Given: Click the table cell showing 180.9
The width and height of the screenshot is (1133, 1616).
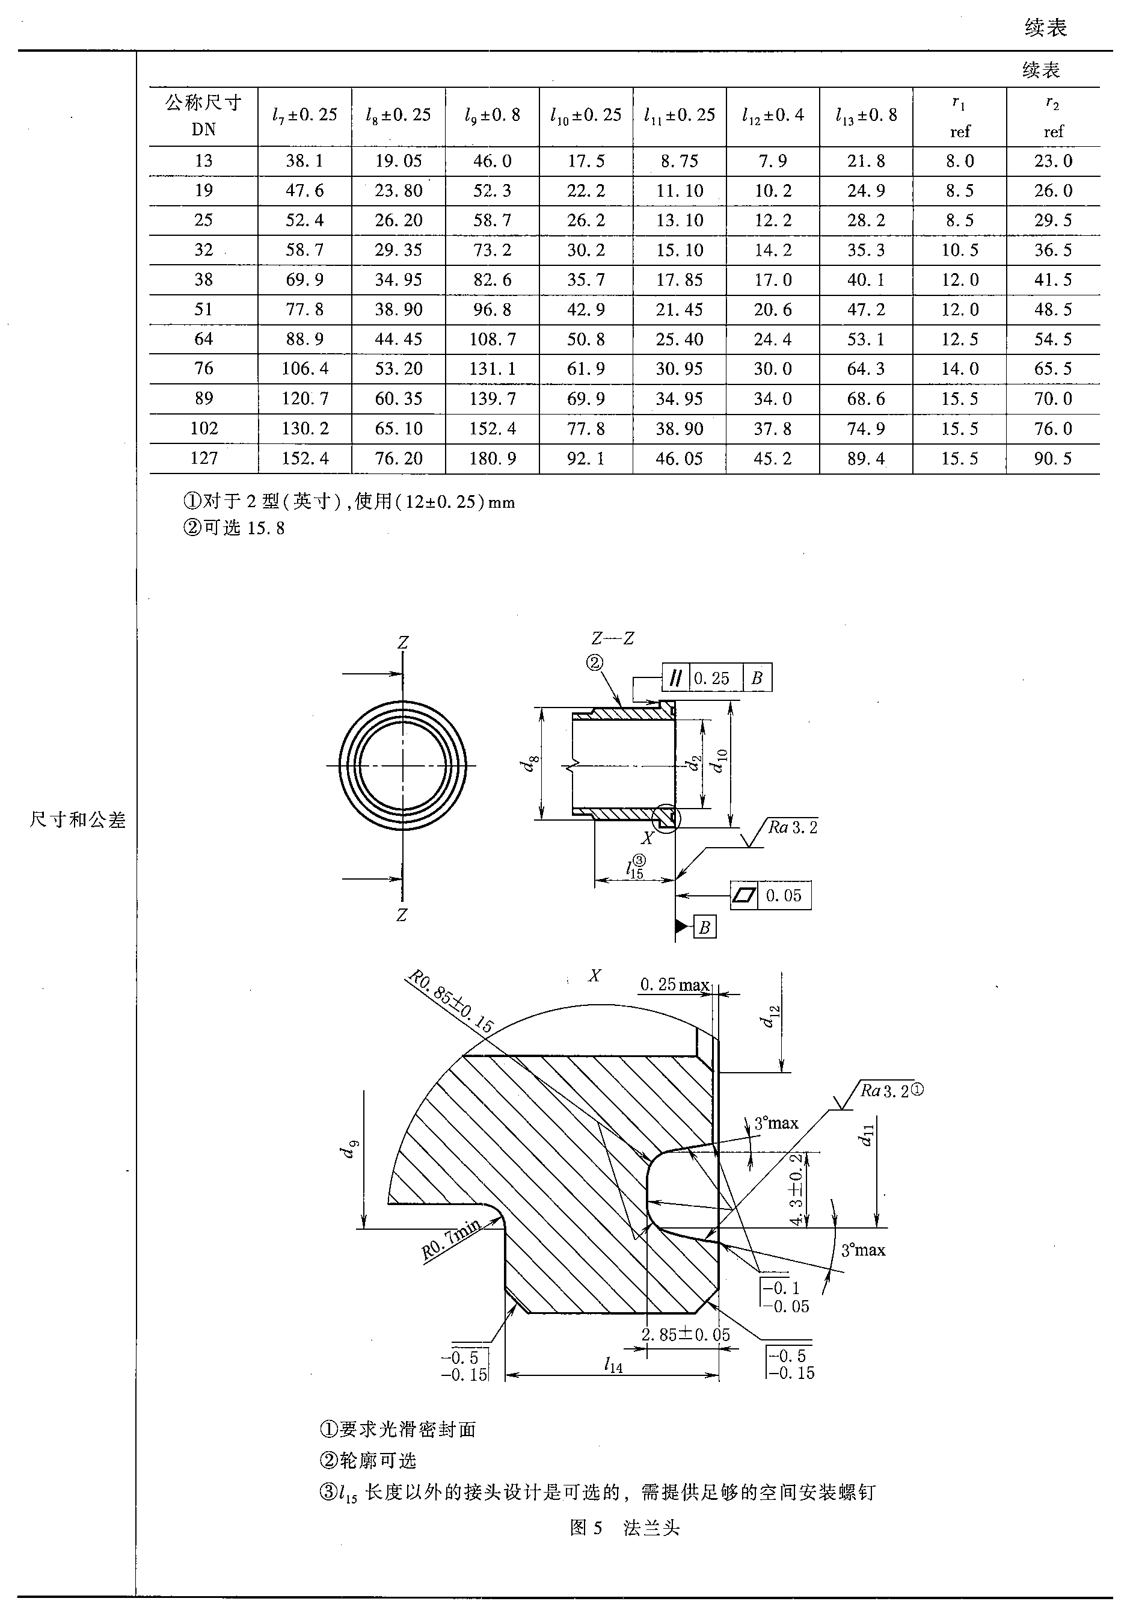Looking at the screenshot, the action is point(493,459).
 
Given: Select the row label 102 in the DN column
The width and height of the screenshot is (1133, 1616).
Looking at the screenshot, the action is point(204,428).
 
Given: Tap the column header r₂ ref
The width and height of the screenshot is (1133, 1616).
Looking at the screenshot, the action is point(1053,117).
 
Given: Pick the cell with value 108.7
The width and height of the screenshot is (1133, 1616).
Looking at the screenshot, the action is point(493,340).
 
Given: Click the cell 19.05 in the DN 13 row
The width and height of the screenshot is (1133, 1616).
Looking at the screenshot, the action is point(398,161).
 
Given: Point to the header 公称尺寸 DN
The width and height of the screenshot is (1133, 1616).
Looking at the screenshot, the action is point(204,117).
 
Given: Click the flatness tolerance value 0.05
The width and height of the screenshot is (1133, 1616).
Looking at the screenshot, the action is point(784,896).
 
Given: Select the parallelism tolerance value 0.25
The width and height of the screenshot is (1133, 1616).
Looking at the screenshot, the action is point(711,679).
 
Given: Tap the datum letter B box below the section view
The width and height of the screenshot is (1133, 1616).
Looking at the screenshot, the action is point(704,928).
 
